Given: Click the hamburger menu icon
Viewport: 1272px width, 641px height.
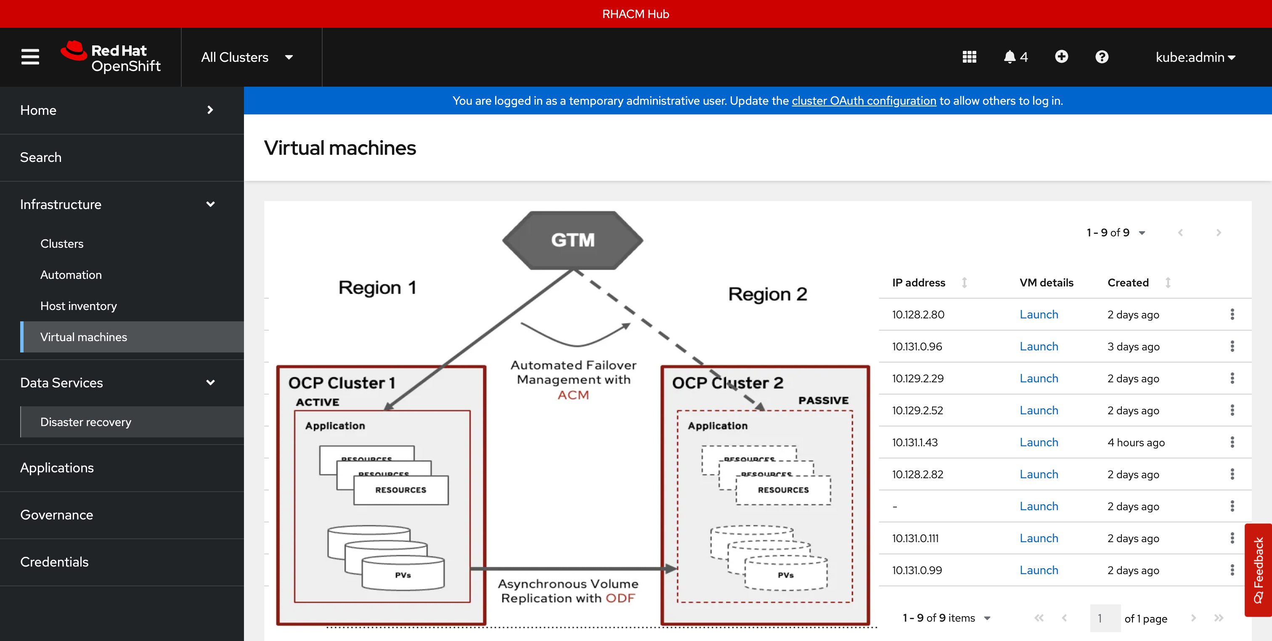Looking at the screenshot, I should [x=30, y=57].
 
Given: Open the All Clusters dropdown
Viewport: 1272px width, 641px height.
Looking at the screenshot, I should [x=247, y=57].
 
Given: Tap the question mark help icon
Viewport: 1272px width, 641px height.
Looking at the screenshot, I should [x=1102, y=57].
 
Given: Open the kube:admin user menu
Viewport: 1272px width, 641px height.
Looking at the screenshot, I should [x=1195, y=57].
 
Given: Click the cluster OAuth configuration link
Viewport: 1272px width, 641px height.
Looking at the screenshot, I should [x=864, y=101].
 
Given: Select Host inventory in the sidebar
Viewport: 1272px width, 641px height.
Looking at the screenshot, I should [x=79, y=306].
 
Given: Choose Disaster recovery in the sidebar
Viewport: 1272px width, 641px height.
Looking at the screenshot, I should [x=85, y=422].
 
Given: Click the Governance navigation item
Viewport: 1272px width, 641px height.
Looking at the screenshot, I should [x=56, y=514].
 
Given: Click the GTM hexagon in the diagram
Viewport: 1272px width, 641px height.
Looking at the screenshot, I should [x=573, y=240].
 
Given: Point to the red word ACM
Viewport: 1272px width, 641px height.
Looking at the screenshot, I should [x=573, y=395].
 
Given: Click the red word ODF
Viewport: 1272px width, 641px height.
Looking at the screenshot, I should [x=620, y=598].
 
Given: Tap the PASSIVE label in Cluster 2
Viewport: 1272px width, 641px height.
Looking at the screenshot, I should [x=823, y=400].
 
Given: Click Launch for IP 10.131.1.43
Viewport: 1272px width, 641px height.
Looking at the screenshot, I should [x=1039, y=442].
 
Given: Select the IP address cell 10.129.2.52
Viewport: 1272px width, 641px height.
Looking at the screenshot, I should [x=917, y=411].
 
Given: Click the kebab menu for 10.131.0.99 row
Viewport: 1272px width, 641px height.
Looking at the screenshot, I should [x=1232, y=570].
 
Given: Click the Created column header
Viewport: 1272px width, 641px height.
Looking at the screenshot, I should [x=1128, y=283].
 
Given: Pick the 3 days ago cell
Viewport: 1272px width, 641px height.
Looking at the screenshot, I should [x=1133, y=347].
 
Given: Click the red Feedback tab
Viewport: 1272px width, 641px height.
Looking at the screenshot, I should [x=1258, y=569].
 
